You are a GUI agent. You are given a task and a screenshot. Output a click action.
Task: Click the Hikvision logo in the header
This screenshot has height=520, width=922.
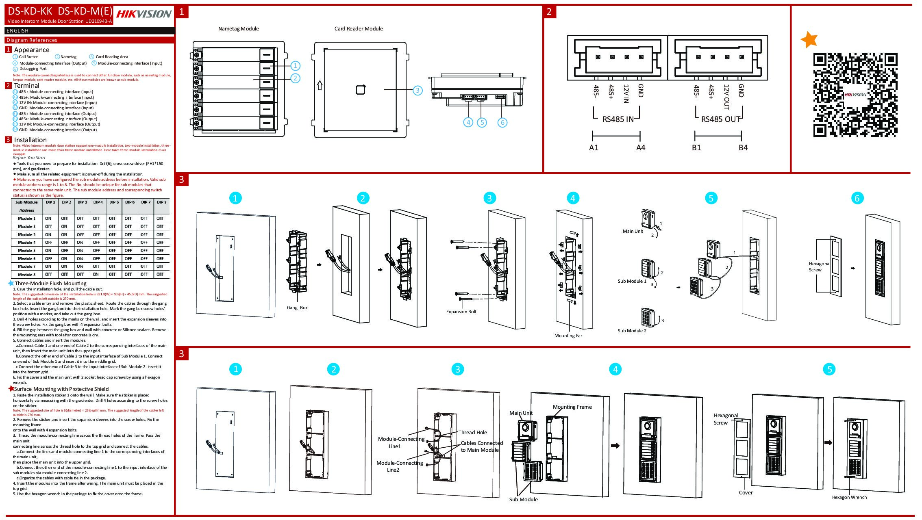[x=144, y=14]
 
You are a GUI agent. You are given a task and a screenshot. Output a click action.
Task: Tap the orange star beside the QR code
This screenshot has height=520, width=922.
[x=809, y=39]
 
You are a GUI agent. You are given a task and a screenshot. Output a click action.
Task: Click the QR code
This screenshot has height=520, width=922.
[x=855, y=95]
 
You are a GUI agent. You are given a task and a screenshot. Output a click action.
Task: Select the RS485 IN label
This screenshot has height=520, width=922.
[x=618, y=119]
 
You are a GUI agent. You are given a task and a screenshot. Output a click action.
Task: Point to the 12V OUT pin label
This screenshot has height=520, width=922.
[x=726, y=97]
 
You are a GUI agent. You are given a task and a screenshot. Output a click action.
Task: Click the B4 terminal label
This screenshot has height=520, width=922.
[x=743, y=147]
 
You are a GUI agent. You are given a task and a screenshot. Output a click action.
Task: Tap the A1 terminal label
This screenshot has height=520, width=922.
[x=594, y=147]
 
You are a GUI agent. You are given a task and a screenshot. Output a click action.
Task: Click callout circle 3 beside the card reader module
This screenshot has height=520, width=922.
[x=418, y=91]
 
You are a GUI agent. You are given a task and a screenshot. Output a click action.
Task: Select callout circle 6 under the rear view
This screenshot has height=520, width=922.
[x=502, y=122]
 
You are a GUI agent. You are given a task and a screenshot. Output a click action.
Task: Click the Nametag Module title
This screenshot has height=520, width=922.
[x=238, y=28]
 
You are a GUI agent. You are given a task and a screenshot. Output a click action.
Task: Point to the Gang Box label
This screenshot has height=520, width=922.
[x=297, y=308]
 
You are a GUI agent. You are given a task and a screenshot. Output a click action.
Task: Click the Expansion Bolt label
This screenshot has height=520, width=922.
[x=461, y=312]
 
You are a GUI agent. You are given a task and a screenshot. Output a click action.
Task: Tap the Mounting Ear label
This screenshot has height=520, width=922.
[x=568, y=336]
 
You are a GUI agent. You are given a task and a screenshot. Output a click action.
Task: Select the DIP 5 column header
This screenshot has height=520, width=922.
[x=114, y=202]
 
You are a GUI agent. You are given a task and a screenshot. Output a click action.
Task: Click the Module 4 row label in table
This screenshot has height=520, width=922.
[x=26, y=243]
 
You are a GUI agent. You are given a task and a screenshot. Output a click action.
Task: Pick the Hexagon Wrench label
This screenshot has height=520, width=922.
[x=849, y=497]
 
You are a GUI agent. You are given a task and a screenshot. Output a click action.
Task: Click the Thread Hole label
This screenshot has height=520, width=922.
[x=472, y=433]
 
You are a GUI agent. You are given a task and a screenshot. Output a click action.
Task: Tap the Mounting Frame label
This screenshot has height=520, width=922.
[x=572, y=407]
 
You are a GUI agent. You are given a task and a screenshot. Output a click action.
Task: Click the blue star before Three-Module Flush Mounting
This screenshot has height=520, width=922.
[x=11, y=283]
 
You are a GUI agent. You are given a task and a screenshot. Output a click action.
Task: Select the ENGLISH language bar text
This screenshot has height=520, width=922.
[x=17, y=31]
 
